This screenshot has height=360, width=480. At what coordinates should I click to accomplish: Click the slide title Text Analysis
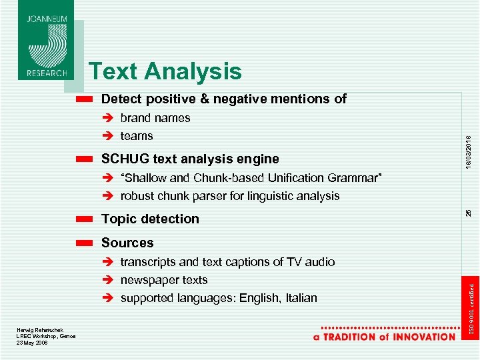click(x=165, y=71)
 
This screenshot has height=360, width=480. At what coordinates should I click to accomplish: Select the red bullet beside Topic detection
click(x=83, y=219)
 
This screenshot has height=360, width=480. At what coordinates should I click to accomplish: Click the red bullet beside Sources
click(x=83, y=243)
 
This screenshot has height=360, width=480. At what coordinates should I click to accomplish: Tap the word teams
click(x=137, y=136)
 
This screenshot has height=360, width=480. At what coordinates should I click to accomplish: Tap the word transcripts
click(x=148, y=262)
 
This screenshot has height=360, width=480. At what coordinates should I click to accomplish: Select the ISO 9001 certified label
click(x=469, y=307)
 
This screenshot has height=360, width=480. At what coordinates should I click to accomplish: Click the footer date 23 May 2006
click(x=32, y=343)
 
